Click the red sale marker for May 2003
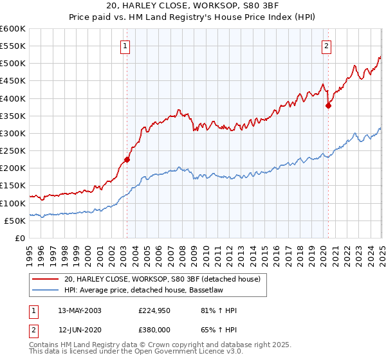coord(127,159)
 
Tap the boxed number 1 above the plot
coord(124,46)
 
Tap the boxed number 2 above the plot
coord(327,46)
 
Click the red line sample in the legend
coord(46,279)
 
